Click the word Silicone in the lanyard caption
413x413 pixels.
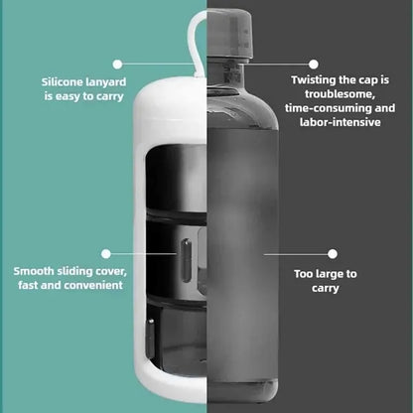[x=62, y=81]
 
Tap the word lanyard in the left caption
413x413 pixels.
[x=105, y=82]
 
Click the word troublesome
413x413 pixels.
[x=340, y=94]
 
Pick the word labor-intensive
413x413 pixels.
[x=341, y=122]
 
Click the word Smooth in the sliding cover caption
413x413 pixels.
[x=34, y=271]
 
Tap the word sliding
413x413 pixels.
[x=74, y=271]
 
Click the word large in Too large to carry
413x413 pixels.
[x=330, y=274]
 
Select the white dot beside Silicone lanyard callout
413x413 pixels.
[x=117, y=65]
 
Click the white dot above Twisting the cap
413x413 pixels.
[x=314, y=65]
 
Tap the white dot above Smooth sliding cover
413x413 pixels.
[x=106, y=254]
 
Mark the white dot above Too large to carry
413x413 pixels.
[x=333, y=254]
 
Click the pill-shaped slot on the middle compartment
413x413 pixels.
[x=187, y=260]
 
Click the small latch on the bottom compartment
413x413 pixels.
[x=151, y=338]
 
